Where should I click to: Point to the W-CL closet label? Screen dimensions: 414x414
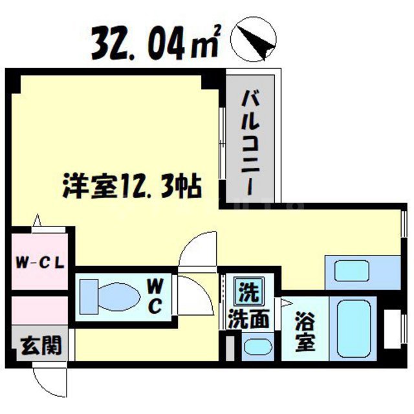[38, 263]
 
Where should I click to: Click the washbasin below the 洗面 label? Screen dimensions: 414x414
[257, 348]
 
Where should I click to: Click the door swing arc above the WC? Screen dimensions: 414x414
[194, 249]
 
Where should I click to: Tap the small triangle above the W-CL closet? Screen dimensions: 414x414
[39, 221]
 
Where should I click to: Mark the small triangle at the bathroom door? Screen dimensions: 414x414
[285, 302]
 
